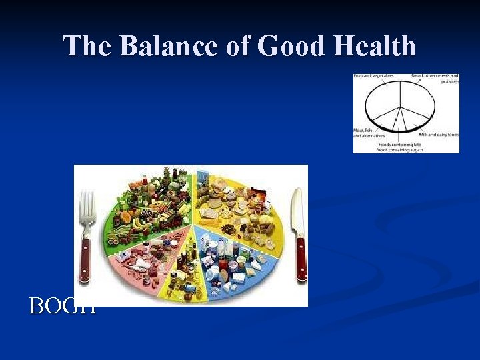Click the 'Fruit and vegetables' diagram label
pyautogui.click(x=373, y=76)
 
